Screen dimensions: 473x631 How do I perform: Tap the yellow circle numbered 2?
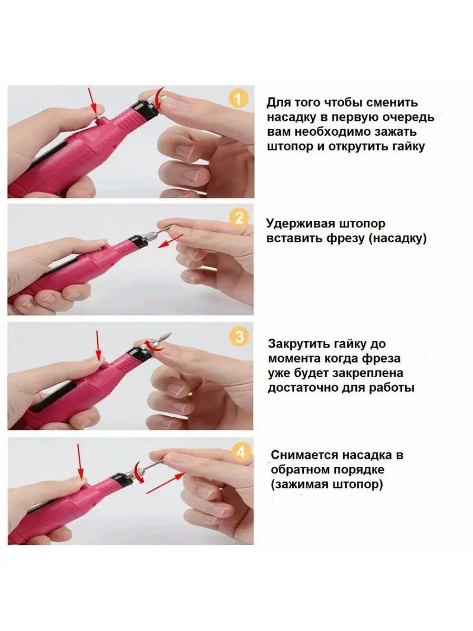(239, 218)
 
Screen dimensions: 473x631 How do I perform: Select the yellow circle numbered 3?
(240, 337)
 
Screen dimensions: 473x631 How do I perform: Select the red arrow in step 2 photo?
(171, 241)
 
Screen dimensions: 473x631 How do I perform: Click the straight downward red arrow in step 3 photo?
(98, 346)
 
